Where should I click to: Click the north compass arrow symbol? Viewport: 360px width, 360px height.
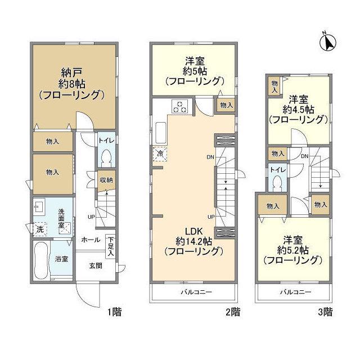pos(330,42)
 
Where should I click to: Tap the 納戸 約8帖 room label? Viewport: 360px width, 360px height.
pos(70,83)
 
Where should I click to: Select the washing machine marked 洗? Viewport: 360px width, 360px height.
pos(40,229)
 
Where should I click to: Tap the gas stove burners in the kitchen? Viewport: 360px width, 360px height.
pos(181,106)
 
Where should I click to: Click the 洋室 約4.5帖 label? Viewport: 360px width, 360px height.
pos(298,109)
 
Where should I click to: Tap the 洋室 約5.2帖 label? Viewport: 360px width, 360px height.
pos(292,249)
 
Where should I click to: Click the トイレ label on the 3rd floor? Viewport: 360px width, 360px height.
pos(276,169)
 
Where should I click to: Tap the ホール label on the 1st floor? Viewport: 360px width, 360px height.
pos(91,239)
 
